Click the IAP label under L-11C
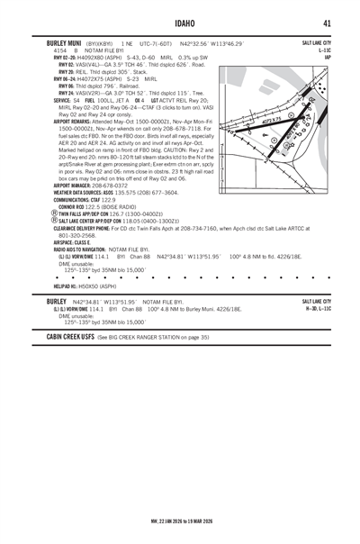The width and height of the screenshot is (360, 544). click(326, 58)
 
